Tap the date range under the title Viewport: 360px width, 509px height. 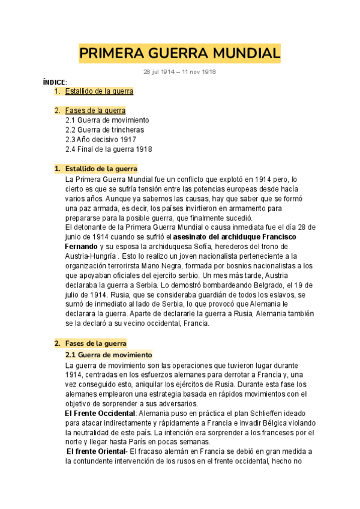click(180, 71)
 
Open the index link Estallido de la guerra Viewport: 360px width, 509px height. click(98, 91)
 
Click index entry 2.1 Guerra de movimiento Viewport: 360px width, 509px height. click(107, 120)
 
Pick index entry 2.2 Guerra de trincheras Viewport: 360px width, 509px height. click(104, 130)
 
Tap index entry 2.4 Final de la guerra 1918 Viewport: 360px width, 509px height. click(108, 149)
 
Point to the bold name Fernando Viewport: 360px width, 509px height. click(80, 247)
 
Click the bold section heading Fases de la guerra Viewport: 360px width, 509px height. click(96, 343)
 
